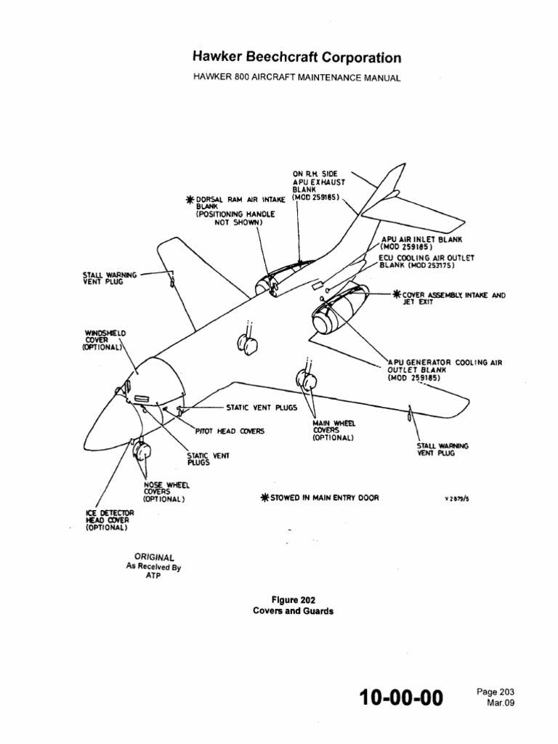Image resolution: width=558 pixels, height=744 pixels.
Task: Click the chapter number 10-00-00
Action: click(x=400, y=698)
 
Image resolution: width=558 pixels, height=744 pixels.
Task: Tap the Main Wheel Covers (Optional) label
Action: click(x=333, y=430)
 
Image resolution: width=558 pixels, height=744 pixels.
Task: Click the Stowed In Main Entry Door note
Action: click(x=320, y=498)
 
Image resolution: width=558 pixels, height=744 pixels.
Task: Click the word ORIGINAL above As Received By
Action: click(x=150, y=557)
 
